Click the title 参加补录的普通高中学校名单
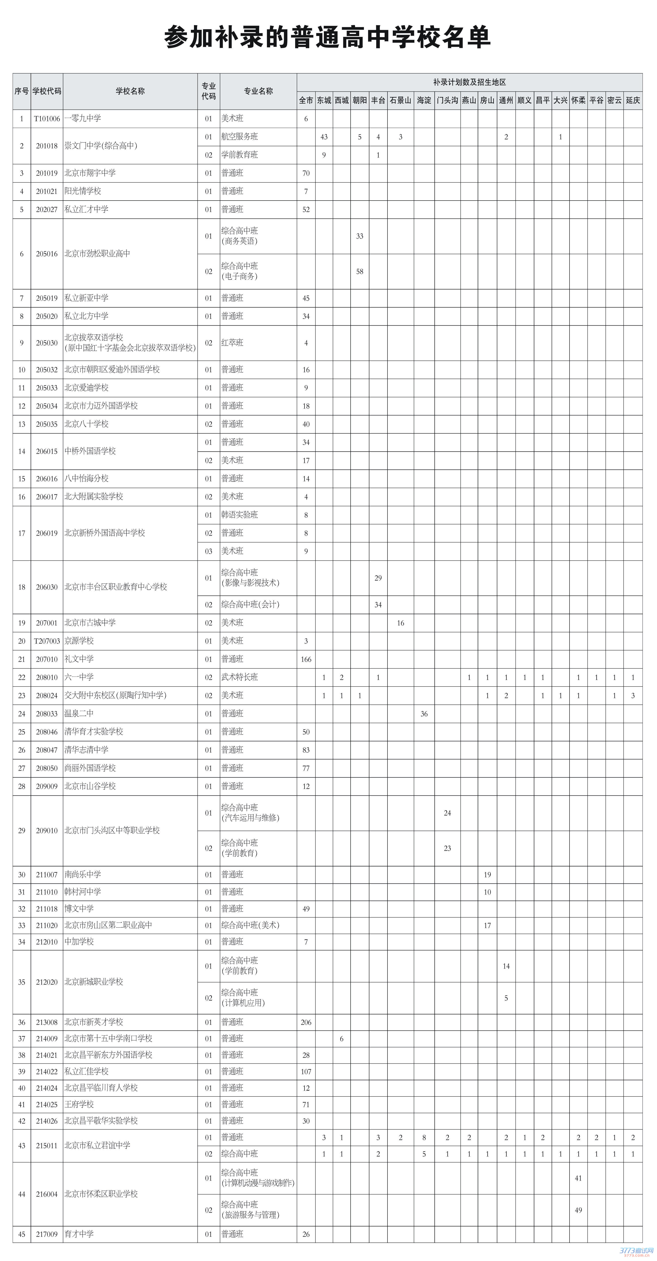(327, 38)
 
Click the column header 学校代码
(47, 91)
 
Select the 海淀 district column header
(424, 100)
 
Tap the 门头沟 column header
(447, 100)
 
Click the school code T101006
(47, 118)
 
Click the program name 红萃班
(232, 343)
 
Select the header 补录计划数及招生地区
(469, 82)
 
